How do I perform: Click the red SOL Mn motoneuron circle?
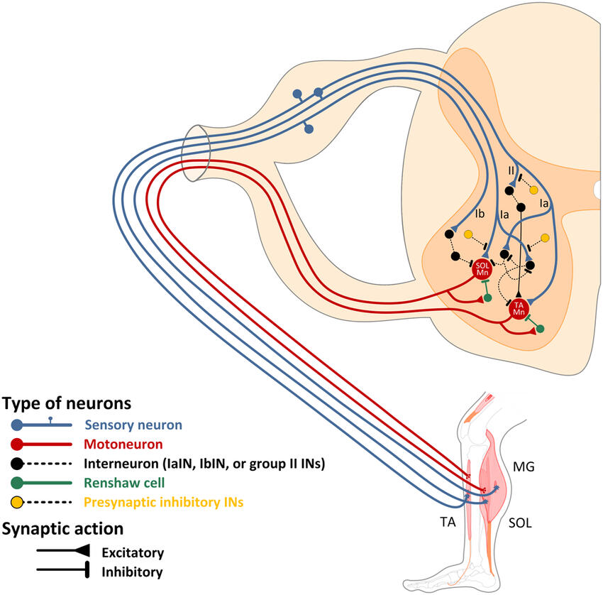[483, 271]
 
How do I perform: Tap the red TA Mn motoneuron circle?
[519, 309]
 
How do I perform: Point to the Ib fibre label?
[480, 214]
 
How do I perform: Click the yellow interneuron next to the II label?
[533, 190]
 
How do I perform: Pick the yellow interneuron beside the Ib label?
[468, 234]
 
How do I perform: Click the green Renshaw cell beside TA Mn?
[541, 329]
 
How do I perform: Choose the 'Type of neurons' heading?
[67, 403]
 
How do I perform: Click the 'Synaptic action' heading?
[62, 529]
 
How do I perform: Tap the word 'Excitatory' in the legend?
[133, 552]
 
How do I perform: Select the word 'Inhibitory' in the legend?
[132, 571]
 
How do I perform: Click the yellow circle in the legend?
[16, 503]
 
